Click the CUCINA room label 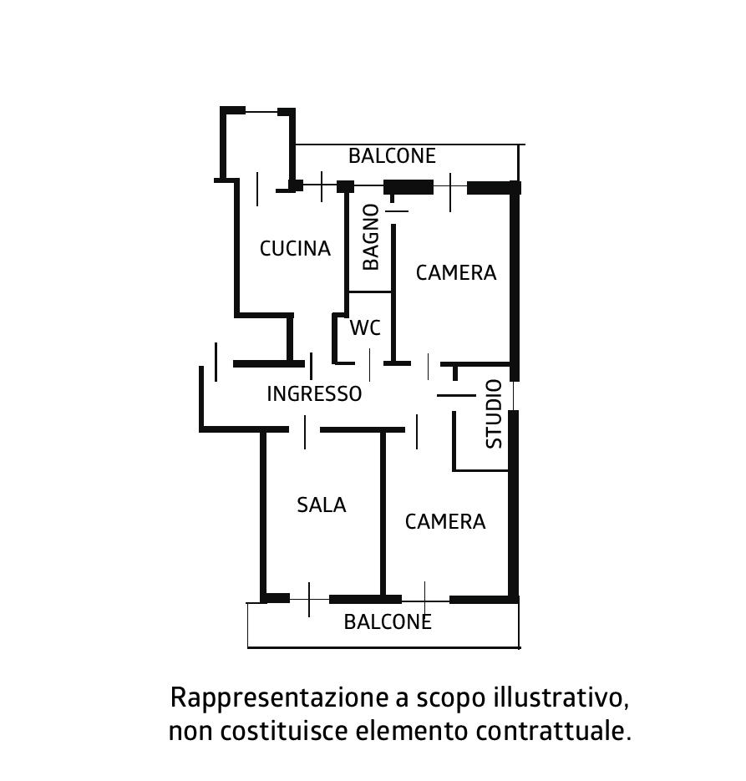[296, 249]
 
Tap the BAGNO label [371, 237]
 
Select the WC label [365, 327]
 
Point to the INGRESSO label [314, 394]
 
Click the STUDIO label [494, 414]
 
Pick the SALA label [322, 505]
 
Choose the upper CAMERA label [456, 273]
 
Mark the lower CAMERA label [445, 522]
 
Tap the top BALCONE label [392, 156]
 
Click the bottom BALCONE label [388, 622]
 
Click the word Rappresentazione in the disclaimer [279, 697]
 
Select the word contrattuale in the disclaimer [553, 731]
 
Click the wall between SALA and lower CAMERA [383, 513]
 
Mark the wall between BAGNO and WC [369, 292]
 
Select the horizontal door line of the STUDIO [456, 395]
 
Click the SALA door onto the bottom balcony [309, 599]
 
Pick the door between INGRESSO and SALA [305, 431]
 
